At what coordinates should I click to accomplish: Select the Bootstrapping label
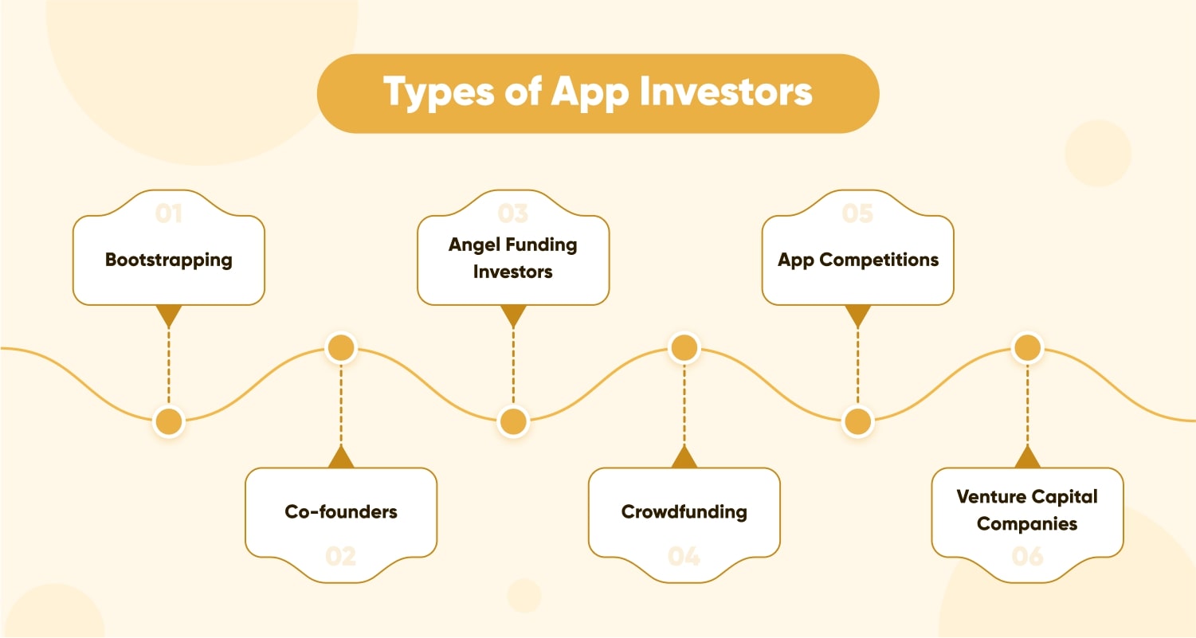click(x=169, y=260)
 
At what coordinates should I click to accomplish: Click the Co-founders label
click(x=341, y=511)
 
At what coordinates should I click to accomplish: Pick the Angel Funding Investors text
click(x=513, y=258)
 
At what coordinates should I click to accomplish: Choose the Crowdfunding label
click(x=684, y=511)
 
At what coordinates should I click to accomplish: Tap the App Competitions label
click(x=858, y=260)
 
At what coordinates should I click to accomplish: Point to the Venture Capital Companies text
click(x=1027, y=510)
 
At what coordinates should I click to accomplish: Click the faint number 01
click(x=169, y=213)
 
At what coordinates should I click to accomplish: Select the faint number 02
click(x=341, y=556)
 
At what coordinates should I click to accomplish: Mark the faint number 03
click(x=513, y=213)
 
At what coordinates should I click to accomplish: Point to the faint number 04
click(x=684, y=556)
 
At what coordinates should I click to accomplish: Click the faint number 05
click(x=858, y=213)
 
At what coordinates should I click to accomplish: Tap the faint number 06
click(x=1027, y=556)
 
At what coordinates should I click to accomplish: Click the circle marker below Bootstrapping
click(x=169, y=421)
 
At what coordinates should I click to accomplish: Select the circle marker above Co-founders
click(x=341, y=348)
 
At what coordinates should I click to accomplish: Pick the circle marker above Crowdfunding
click(x=684, y=348)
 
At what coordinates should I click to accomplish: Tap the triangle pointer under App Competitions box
click(x=858, y=315)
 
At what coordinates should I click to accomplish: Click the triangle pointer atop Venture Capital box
click(x=1027, y=457)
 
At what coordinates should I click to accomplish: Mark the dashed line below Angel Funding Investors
click(x=513, y=366)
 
